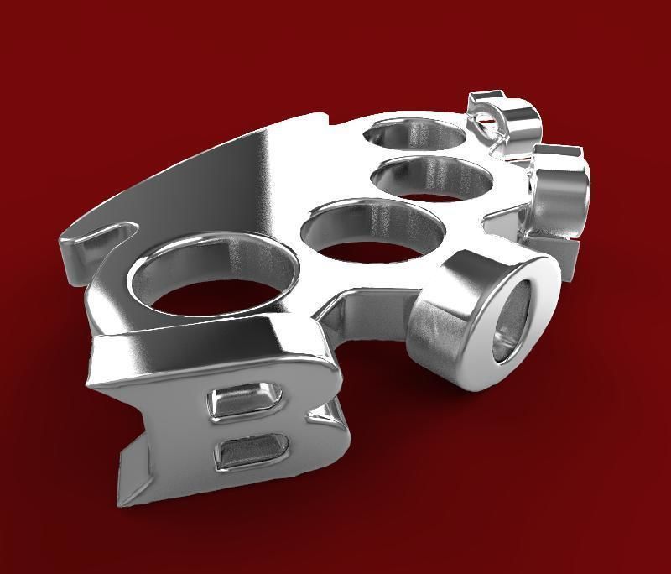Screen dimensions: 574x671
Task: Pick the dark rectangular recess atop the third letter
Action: coord(558,152)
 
